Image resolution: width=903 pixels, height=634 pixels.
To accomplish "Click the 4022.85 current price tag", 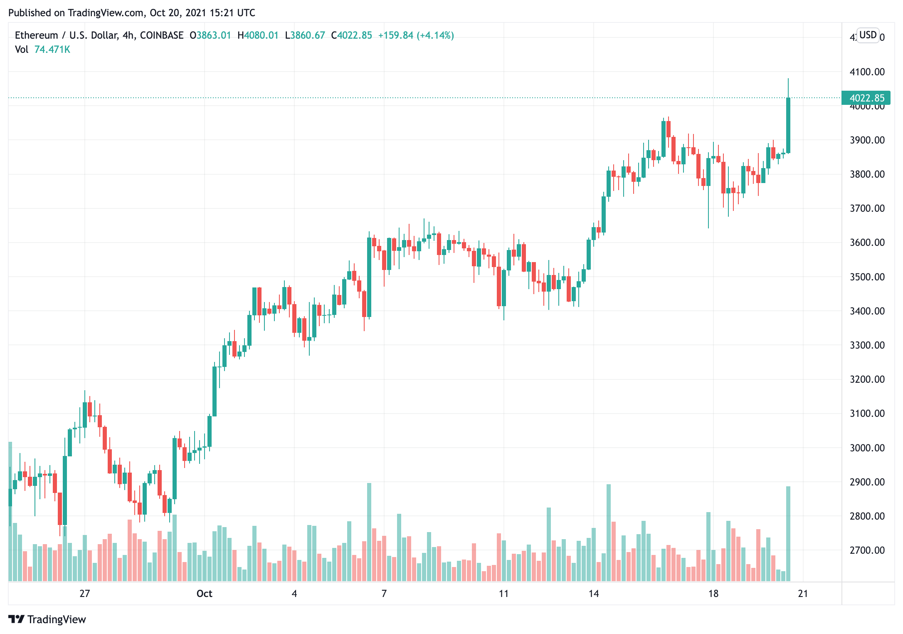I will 866,98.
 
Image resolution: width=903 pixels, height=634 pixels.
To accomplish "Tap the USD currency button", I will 868,35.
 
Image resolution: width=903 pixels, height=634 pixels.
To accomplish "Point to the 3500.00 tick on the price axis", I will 867,277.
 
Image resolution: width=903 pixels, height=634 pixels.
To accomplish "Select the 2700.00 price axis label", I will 867,550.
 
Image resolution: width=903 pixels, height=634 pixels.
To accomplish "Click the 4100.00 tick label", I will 867,72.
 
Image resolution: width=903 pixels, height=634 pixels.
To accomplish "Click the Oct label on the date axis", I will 204,594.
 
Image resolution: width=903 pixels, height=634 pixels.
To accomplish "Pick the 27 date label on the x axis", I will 84,594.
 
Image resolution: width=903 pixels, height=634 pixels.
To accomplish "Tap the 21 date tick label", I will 803,594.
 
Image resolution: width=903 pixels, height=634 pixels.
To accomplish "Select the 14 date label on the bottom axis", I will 593,594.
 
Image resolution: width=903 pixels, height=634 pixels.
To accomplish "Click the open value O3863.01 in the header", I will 210,35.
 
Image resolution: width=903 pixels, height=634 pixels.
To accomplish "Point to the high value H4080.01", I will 258,35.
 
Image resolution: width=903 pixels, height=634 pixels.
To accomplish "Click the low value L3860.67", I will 305,35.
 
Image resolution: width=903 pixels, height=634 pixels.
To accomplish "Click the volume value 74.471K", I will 52,50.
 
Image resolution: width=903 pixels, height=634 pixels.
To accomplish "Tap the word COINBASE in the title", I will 162,35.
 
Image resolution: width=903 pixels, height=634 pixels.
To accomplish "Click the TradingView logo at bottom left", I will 47,619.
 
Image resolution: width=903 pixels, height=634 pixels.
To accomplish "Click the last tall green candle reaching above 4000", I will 788,125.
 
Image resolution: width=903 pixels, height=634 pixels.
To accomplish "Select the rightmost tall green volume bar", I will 788,533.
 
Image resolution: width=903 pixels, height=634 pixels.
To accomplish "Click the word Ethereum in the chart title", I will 36,35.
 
